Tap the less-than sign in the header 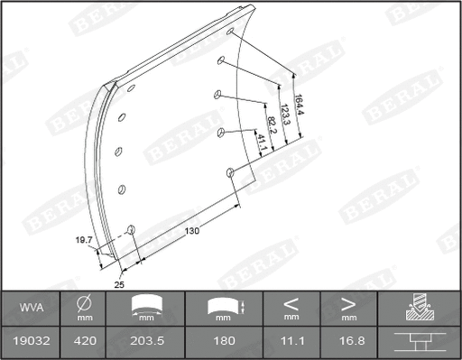click(291, 303)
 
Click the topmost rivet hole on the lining click(231, 33)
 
